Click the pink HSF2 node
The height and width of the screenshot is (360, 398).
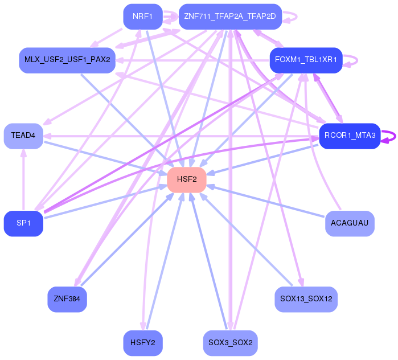(x=186, y=179)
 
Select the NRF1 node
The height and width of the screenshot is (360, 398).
(x=142, y=17)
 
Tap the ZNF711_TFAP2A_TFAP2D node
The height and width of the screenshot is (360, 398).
(x=230, y=17)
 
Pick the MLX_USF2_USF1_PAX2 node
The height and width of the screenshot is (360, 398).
(x=67, y=60)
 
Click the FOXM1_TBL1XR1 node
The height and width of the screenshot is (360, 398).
(x=306, y=60)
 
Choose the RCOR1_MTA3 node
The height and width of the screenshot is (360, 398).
(x=350, y=136)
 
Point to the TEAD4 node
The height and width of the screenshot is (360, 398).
(x=23, y=136)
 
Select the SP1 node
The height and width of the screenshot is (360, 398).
(x=23, y=223)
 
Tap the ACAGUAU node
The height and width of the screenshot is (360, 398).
(x=350, y=223)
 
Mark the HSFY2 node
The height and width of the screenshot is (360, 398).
(x=142, y=343)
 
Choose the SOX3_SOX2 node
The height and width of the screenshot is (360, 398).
(x=230, y=343)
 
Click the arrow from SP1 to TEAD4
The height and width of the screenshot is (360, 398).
(x=23, y=182)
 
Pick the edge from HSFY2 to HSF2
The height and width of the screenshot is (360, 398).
(x=165, y=262)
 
